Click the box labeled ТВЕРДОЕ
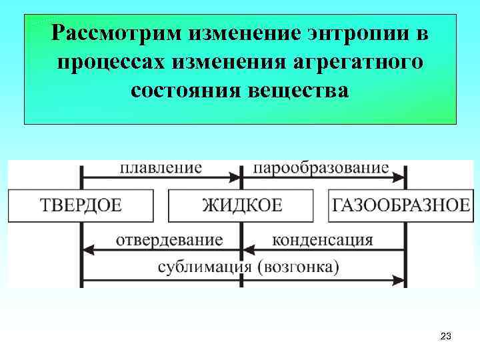(81, 205)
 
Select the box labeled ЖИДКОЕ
(241, 205)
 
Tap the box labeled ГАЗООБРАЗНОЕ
(399, 205)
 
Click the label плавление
(161, 167)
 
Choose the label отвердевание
(169, 239)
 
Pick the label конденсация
(323, 239)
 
